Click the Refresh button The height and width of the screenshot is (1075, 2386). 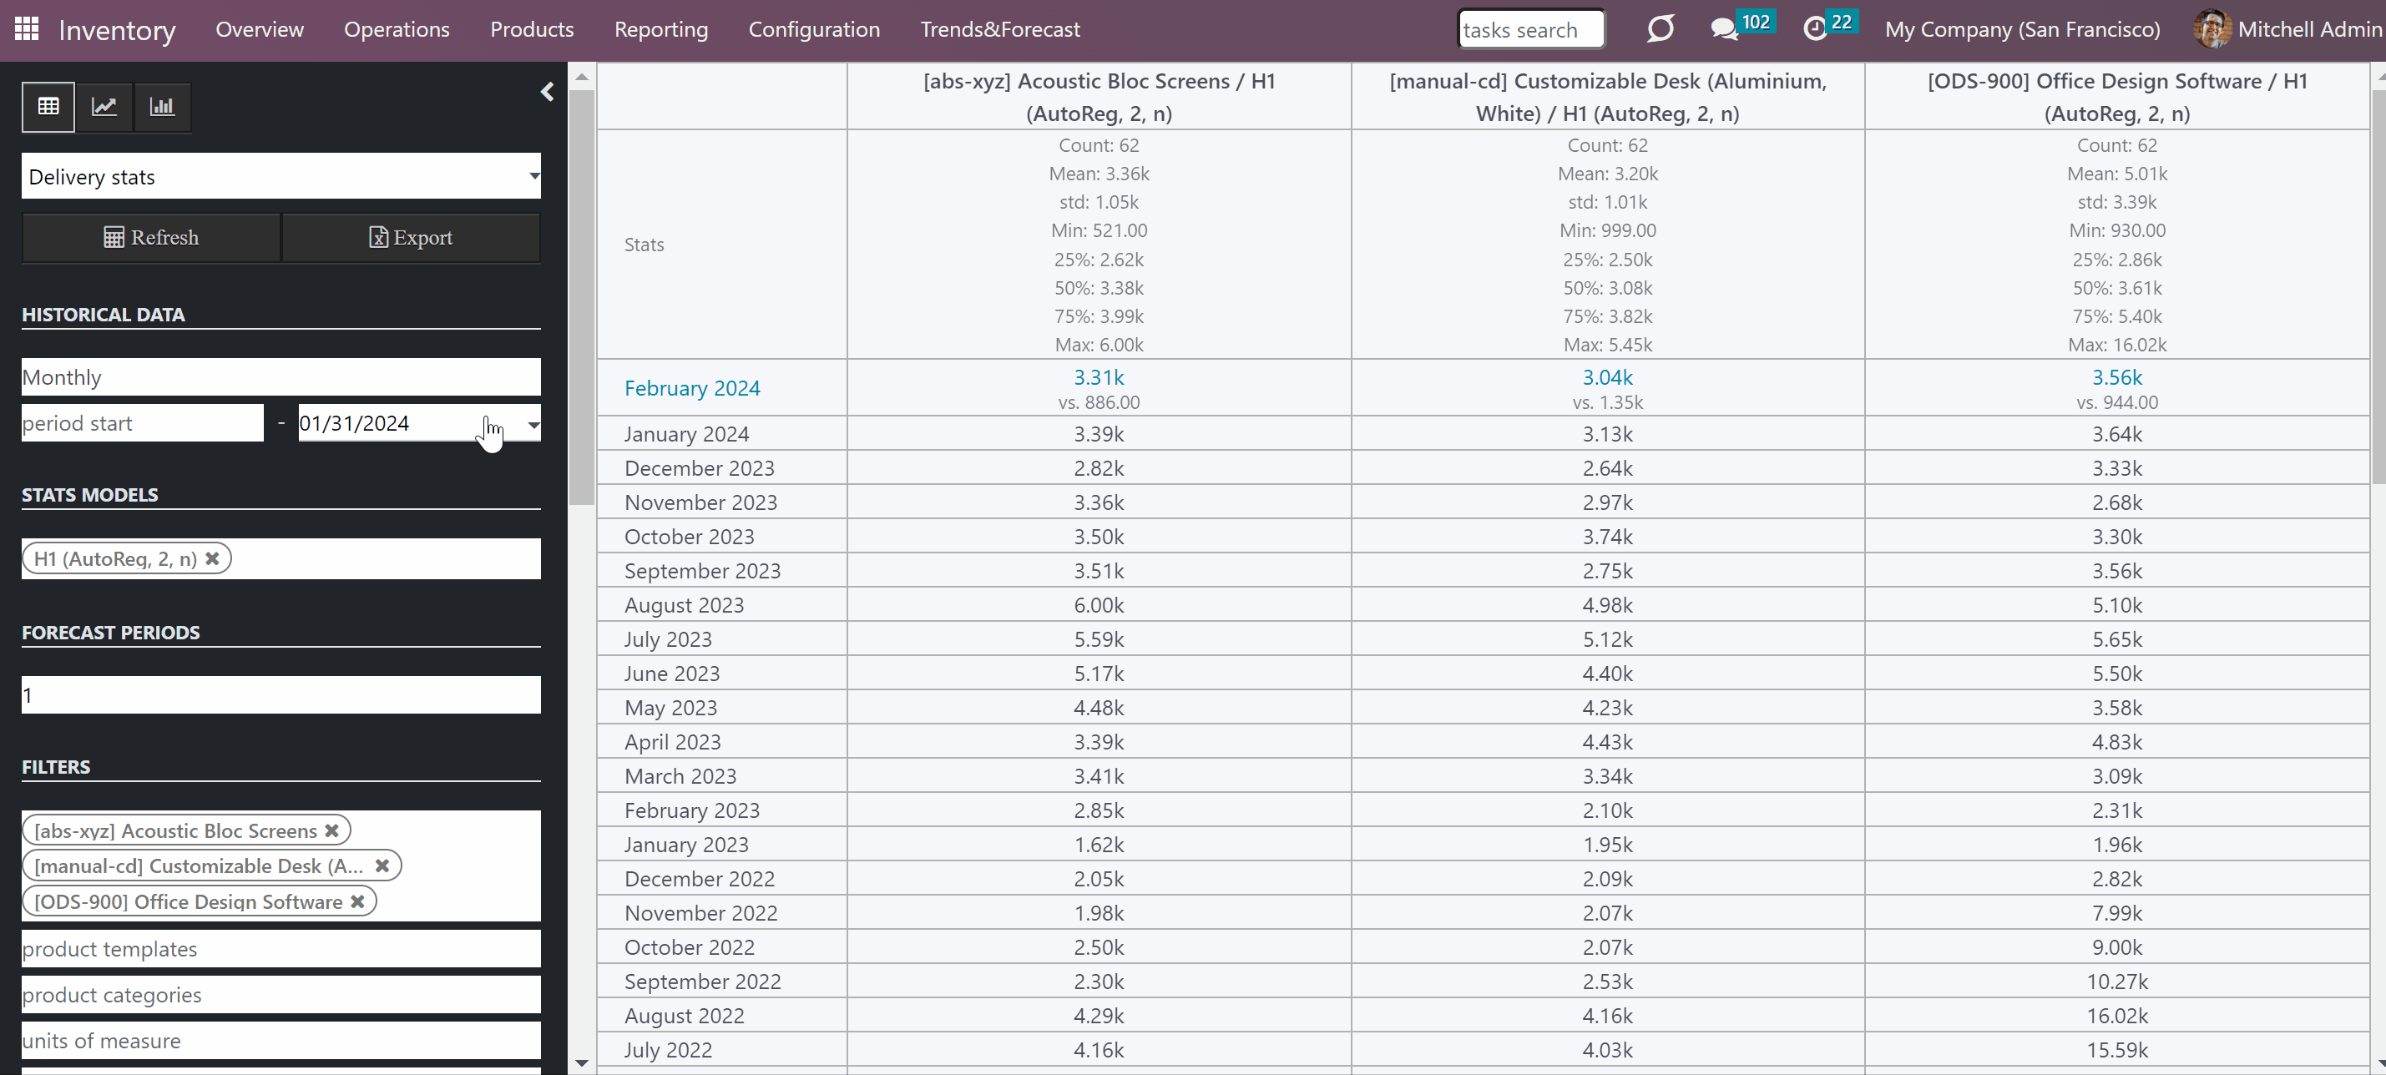pyautogui.click(x=151, y=238)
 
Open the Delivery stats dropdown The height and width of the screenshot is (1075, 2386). pyautogui.click(x=281, y=176)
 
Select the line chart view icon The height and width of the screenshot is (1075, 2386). pyautogui.click(x=104, y=107)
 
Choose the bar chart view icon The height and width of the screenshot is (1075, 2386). pyautogui.click(x=162, y=107)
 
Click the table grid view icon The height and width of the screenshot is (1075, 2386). pyautogui.click(x=48, y=107)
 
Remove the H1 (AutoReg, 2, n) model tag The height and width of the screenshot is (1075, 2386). pyautogui.click(x=212, y=558)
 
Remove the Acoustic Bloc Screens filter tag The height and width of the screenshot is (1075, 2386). pyautogui.click(x=331, y=830)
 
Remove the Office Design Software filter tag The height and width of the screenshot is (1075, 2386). pyautogui.click(x=357, y=901)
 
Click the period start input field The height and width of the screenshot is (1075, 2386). pyautogui.click(x=143, y=423)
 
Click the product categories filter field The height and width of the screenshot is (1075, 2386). pyautogui.click(x=281, y=994)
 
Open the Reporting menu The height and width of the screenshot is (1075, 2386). pyautogui.click(x=661, y=30)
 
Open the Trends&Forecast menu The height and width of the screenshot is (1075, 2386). pyautogui.click(x=1000, y=30)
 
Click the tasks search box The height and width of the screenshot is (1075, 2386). pyautogui.click(x=1531, y=30)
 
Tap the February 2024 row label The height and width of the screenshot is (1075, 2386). pyautogui.click(x=692, y=388)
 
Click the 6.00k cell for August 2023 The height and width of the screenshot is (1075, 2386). pyautogui.click(x=1099, y=604)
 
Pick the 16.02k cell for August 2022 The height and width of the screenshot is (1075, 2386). pyautogui.click(x=2116, y=1016)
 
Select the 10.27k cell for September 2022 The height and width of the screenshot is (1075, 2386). pyautogui.click(x=2116, y=982)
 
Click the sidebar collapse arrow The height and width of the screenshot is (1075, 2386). pyautogui.click(x=548, y=92)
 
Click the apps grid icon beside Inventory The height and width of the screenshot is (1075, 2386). pyautogui.click(x=27, y=28)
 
